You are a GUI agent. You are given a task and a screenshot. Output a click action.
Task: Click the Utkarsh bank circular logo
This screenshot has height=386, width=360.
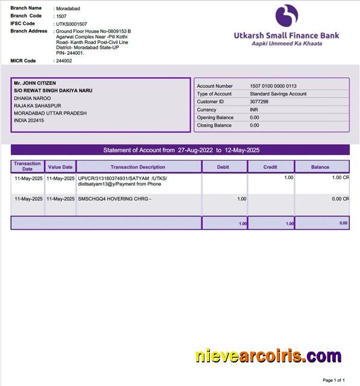point(286,16)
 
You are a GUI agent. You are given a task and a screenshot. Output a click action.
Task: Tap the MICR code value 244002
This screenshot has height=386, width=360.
point(63,61)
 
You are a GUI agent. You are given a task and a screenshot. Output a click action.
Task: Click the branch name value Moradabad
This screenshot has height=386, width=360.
point(68,8)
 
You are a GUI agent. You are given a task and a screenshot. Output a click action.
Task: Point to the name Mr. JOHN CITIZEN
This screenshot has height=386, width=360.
point(35,83)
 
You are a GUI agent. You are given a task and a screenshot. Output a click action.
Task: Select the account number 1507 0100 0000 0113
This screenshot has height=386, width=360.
point(273,86)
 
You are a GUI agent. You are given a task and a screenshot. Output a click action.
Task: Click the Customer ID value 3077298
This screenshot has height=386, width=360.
point(259,102)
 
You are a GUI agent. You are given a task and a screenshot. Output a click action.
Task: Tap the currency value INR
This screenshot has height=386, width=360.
point(254,110)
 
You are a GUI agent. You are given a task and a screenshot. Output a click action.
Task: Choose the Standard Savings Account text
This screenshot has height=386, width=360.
point(278,94)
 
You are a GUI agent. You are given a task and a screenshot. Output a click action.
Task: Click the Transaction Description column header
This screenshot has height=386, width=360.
point(138,167)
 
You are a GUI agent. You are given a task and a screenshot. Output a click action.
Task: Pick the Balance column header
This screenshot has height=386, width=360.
point(320,167)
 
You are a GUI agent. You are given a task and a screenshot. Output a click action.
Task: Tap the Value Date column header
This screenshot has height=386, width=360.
point(60,167)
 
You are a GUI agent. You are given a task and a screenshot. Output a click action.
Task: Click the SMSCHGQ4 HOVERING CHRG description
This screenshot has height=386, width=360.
point(115,198)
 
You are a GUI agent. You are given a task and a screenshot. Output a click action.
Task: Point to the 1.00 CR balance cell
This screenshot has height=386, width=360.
point(340,178)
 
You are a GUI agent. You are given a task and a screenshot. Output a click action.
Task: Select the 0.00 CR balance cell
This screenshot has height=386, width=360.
point(340,198)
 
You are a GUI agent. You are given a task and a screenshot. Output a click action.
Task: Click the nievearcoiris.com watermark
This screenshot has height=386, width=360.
point(268,356)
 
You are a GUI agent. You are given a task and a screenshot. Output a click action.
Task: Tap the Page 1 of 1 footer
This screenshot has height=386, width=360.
point(333,381)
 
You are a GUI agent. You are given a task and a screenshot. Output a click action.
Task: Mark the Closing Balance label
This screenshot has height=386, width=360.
point(214,125)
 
